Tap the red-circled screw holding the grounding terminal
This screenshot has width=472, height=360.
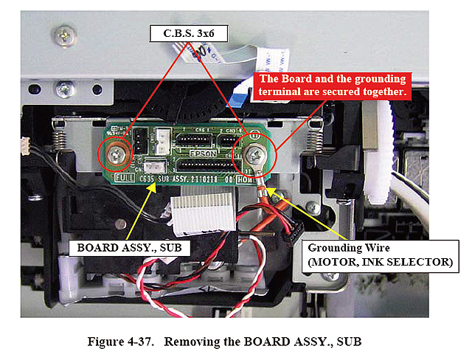click(254, 154)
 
